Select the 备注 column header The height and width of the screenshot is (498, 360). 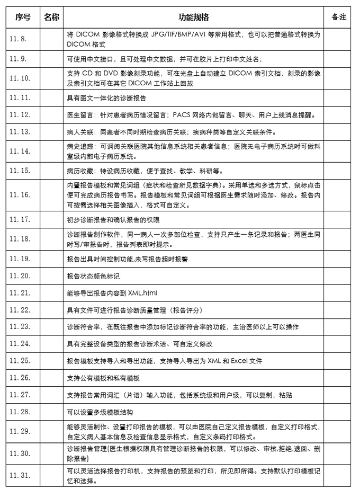pos(338,17)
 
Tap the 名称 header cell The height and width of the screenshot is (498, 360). pos(51,17)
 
